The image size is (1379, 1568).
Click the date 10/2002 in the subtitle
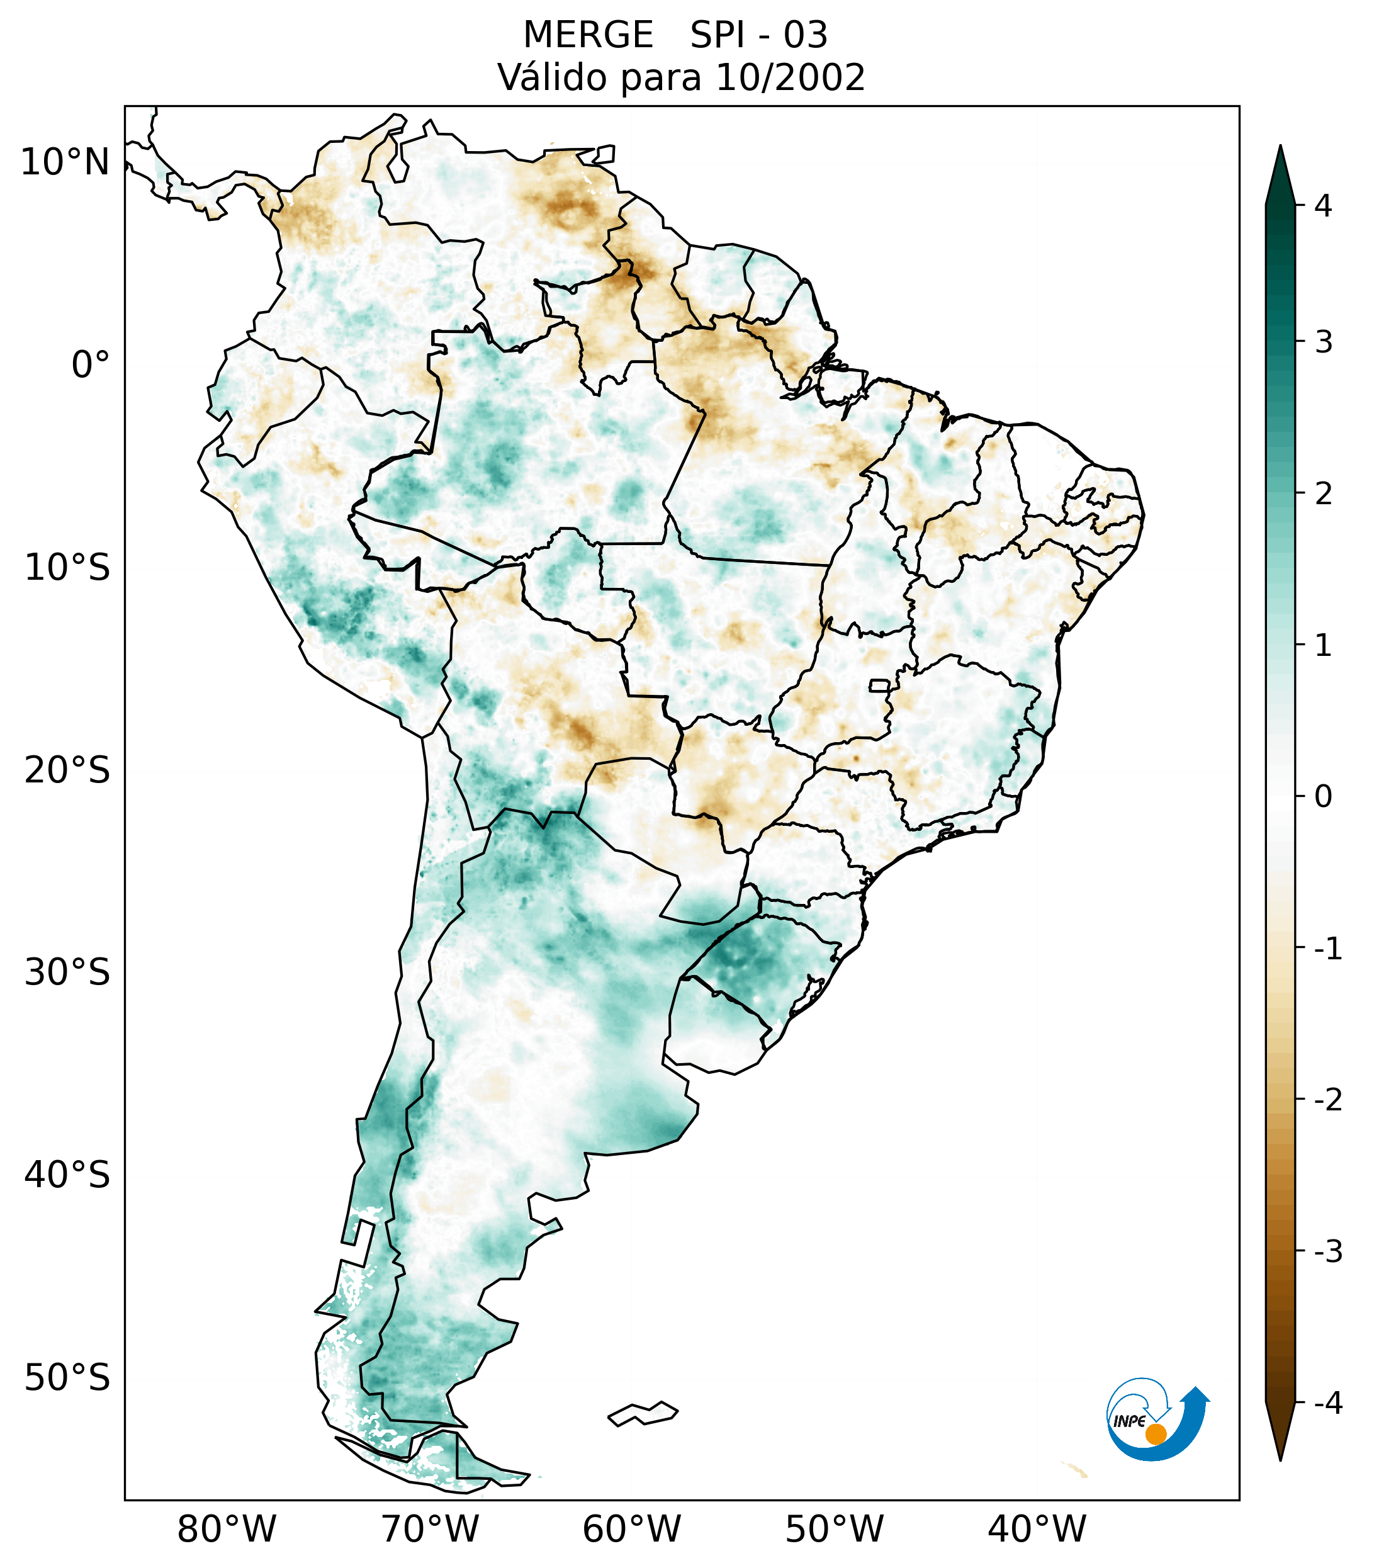point(790,77)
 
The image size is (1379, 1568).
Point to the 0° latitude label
point(91,365)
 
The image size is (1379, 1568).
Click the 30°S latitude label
point(67,973)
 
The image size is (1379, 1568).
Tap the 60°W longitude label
point(631,1529)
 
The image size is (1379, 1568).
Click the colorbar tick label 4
point(1323,206)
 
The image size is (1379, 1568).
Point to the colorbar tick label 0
point(1323,797)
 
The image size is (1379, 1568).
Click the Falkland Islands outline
point(643,1413)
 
